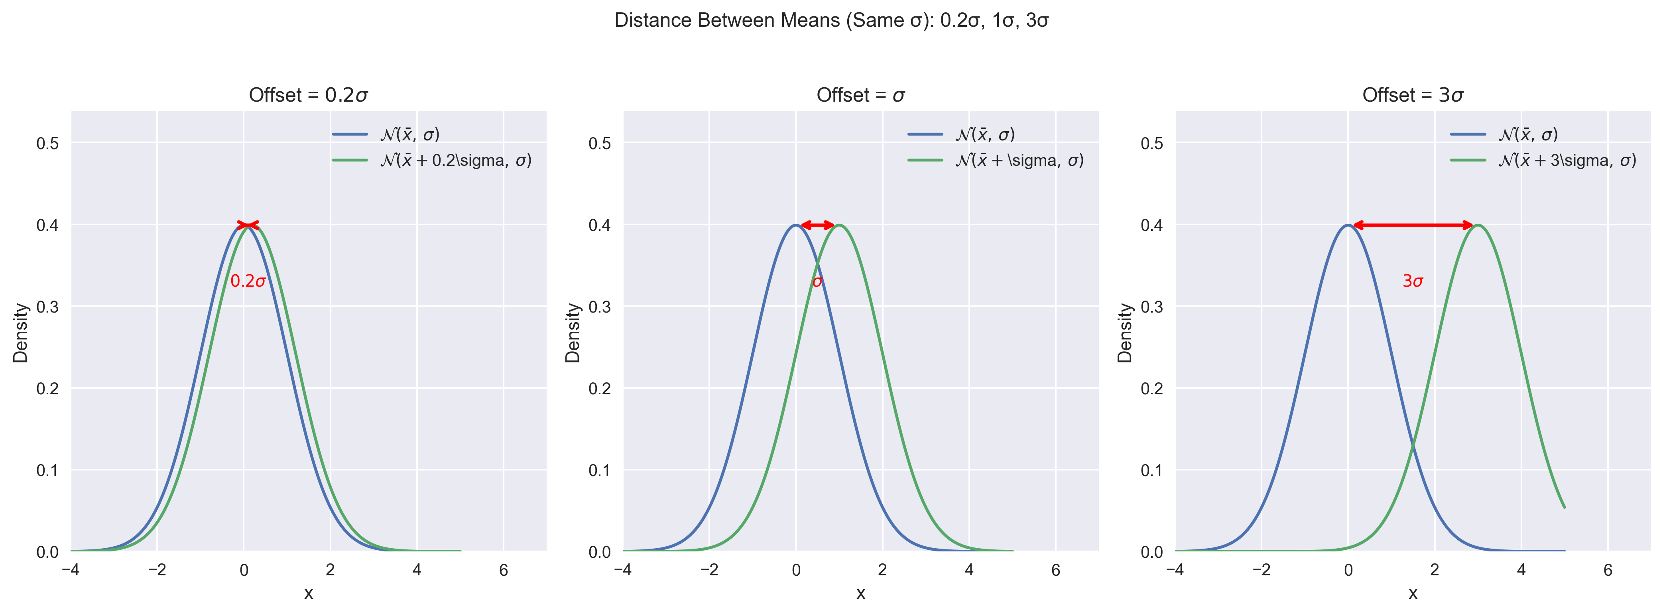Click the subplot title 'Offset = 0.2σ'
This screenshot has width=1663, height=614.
(309, 96)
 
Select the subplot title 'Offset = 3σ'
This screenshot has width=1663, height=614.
(1413, 96)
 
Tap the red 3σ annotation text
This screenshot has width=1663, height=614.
(1413, 281)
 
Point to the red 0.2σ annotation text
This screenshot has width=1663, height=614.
(248, 281)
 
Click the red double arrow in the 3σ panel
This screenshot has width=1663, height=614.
(1413, 225)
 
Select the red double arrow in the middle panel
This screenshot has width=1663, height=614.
(817, 225)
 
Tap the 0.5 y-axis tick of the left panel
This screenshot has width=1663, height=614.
(47, 143)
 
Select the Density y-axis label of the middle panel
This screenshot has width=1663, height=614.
(573, 333)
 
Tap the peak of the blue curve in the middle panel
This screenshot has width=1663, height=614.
(795, 225)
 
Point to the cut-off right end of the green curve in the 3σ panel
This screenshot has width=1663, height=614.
(1564, 507)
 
